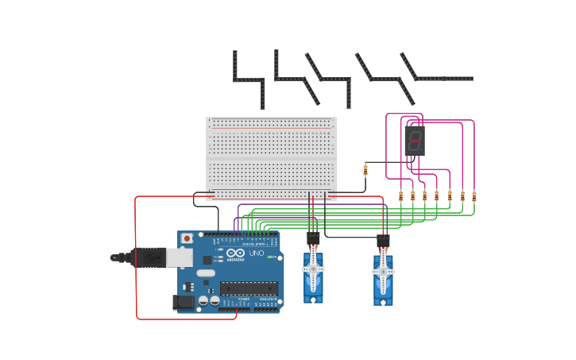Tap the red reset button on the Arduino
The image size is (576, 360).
click(x=187, y=238)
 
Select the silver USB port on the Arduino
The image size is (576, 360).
click(x=180, y=257)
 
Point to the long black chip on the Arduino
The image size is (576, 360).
click(x=249, y=288)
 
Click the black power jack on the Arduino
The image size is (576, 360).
click(x=184, y=302)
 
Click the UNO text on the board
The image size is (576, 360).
click(x=257, y=254)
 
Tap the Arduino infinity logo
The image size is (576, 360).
click(x=235, y=253)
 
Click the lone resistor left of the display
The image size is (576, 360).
click(x=365, y=169)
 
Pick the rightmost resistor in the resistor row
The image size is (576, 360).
click(x=474, y=195)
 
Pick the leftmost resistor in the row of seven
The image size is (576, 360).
click(x=400, y=195)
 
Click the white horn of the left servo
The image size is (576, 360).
click(x=313, y=269)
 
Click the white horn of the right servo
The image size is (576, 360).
click(x=383, y=272)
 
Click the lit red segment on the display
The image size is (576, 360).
click(x=415, y=141)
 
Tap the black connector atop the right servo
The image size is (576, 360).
click(x=383, y=241)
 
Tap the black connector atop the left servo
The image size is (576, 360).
click(x=313, y=237)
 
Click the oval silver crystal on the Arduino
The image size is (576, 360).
click(x=206, y=273)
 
